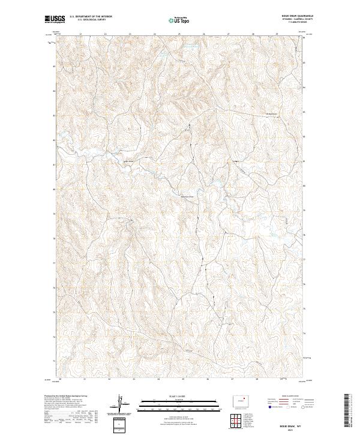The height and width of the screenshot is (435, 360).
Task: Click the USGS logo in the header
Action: click(x=55, y=19)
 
